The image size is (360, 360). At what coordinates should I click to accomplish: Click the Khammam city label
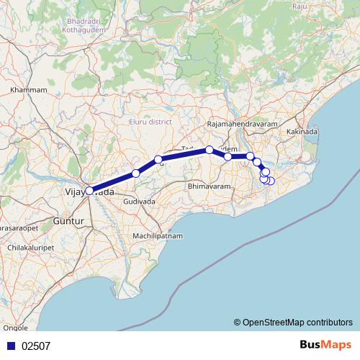29,90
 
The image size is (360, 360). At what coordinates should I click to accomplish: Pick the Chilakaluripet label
28,247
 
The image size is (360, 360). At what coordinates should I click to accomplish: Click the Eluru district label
150,122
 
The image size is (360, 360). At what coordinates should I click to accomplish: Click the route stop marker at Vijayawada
89,191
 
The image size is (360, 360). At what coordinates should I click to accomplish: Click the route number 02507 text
36,346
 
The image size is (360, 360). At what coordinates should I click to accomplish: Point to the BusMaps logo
325,345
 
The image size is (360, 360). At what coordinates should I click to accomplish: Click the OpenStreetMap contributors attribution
297,322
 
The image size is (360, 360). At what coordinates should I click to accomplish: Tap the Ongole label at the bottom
16,328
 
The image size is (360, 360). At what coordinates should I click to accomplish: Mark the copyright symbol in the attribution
237,322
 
